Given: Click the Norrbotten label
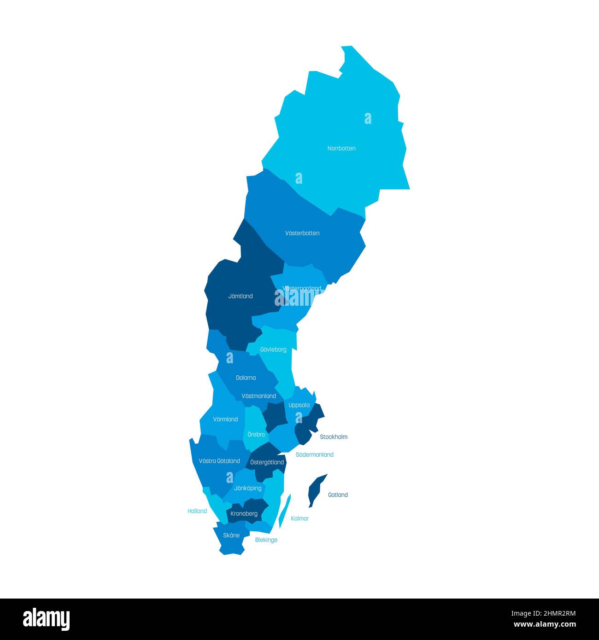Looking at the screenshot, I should (341, 149).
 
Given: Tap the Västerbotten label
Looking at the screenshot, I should (302, 233).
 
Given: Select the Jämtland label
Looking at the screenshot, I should (241, 297).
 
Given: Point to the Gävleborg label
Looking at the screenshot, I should (273, 350).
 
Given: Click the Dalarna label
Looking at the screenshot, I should (246, 378).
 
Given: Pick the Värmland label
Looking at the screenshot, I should (225, 419).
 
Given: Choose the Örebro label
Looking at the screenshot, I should (256, 435).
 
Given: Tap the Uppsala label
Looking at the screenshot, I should (299, 405).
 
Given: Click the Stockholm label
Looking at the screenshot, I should (334, 437).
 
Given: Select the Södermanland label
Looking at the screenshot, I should (314, 455).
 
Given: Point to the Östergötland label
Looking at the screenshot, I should (267, 462).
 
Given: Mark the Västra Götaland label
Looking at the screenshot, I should (219, 461).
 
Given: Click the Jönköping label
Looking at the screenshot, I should (248, 489).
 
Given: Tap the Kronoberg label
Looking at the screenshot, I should (244, 514).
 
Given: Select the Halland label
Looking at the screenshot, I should (197, 511).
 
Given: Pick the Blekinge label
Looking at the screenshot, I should (266, 540).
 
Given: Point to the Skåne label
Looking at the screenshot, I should (231, 535).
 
